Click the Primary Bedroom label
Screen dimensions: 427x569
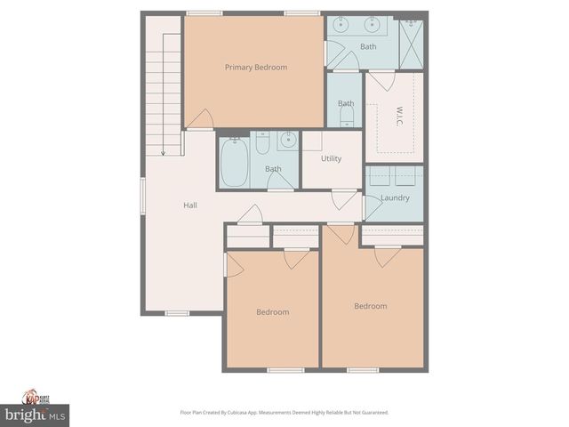[255, 67]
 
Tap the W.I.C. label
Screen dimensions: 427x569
[399, 117]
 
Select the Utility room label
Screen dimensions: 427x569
[332, 158]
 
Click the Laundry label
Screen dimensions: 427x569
[394, 197]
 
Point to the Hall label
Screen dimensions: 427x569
[190, 205]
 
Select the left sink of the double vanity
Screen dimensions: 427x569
[343, 26]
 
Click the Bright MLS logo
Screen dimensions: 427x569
[36, 415]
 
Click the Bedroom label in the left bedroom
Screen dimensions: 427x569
[272, 312]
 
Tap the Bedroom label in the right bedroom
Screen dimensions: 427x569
[371, 306]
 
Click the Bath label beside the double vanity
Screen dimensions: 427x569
[368, 46]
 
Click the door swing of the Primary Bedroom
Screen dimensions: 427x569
[203, 120]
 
